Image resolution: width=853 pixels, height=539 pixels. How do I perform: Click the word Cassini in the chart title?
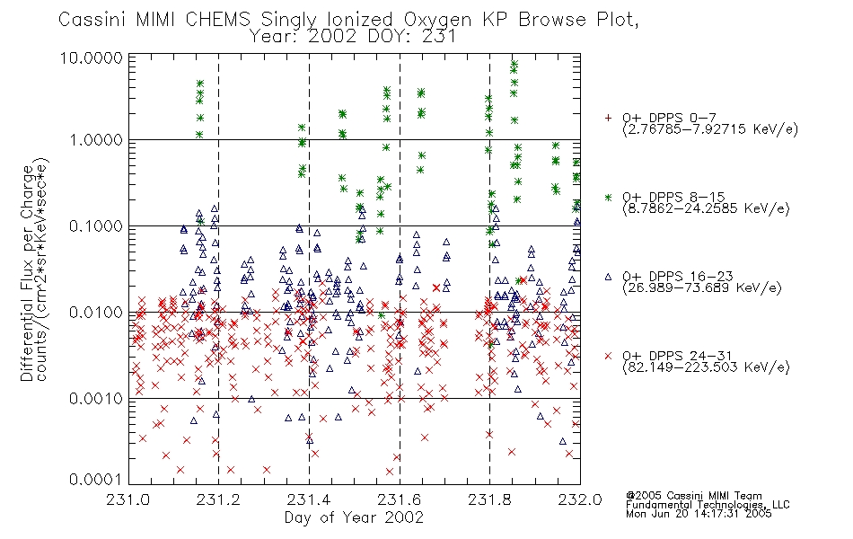pos(92,20)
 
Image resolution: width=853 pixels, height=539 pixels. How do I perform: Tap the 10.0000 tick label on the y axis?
pos(92,57)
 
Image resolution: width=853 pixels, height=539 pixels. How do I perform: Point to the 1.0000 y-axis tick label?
pos(96,140)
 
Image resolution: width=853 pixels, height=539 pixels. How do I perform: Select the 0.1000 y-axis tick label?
pos(96,226)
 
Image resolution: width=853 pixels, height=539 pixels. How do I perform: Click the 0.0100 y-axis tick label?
pos(96,313)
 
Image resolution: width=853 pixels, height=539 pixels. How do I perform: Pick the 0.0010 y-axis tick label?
pos(96,399)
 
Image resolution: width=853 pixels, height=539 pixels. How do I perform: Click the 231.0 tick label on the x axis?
pos(128,499)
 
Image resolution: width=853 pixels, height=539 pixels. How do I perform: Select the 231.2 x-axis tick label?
pos(219,499)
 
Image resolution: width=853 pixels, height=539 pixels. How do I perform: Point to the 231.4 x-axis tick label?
pos(309,499)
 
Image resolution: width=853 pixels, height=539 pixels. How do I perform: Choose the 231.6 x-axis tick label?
pos(400,499)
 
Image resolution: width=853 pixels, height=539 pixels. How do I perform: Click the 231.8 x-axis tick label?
pos(489,499)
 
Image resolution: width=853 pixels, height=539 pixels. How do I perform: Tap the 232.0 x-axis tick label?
pos(580,499)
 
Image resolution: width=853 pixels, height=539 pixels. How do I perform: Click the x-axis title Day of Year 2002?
pos(354,517)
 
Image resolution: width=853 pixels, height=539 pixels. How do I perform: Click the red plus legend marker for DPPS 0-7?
pos(608,118)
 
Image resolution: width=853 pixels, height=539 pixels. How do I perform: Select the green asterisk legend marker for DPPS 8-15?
pos(608,197)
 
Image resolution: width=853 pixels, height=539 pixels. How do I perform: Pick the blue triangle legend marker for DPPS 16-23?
pos(608,277)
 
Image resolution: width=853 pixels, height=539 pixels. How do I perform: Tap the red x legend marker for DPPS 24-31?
pos(608,356)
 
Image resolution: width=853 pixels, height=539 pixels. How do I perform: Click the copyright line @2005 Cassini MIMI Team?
pos(694,496)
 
